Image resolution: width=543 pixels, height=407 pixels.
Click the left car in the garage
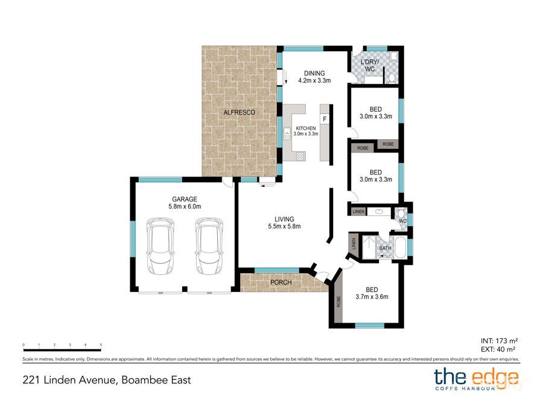(x=160, y=247)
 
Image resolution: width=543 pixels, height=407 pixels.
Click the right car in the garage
(x=209, y=247)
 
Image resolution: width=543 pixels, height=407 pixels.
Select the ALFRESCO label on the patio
(x=239, y=113)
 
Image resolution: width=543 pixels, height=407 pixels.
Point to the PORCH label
(x=281, y=282)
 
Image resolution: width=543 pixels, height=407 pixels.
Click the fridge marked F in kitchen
(x=325, y=119)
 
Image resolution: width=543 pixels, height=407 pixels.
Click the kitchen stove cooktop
(x=300, y=156)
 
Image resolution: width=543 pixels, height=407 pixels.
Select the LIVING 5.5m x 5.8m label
(x=284, y=222)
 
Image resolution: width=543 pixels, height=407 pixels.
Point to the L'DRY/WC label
(x=369, y=66)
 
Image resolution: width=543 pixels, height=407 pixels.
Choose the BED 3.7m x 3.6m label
(x=372, y=292)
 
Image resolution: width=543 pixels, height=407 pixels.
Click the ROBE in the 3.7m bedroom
(x=338, y=300)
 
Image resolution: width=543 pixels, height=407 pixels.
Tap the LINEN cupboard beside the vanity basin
(x=358, y=212)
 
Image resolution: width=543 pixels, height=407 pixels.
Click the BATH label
(x=385, y=247)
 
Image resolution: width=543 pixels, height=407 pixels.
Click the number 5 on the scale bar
(x=101, y=345)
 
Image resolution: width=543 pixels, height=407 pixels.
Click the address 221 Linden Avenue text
(x=107, y=380)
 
